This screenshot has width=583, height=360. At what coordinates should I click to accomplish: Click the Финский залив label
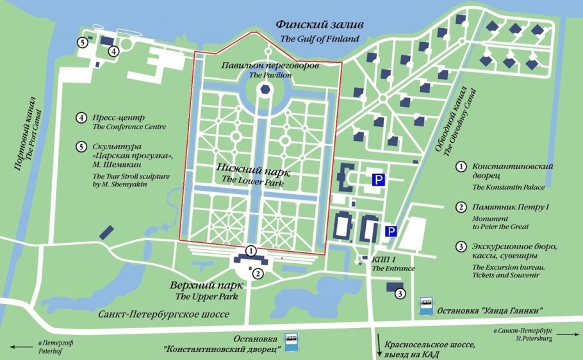319,25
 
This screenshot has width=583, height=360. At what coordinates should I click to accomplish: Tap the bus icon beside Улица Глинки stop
425,305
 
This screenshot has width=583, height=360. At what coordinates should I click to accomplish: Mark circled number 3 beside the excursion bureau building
400,294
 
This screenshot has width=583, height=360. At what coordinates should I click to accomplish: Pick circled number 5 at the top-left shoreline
82,42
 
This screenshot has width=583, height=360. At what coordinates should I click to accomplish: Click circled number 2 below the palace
258,274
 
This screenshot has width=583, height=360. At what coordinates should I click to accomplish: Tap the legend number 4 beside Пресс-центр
81,118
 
